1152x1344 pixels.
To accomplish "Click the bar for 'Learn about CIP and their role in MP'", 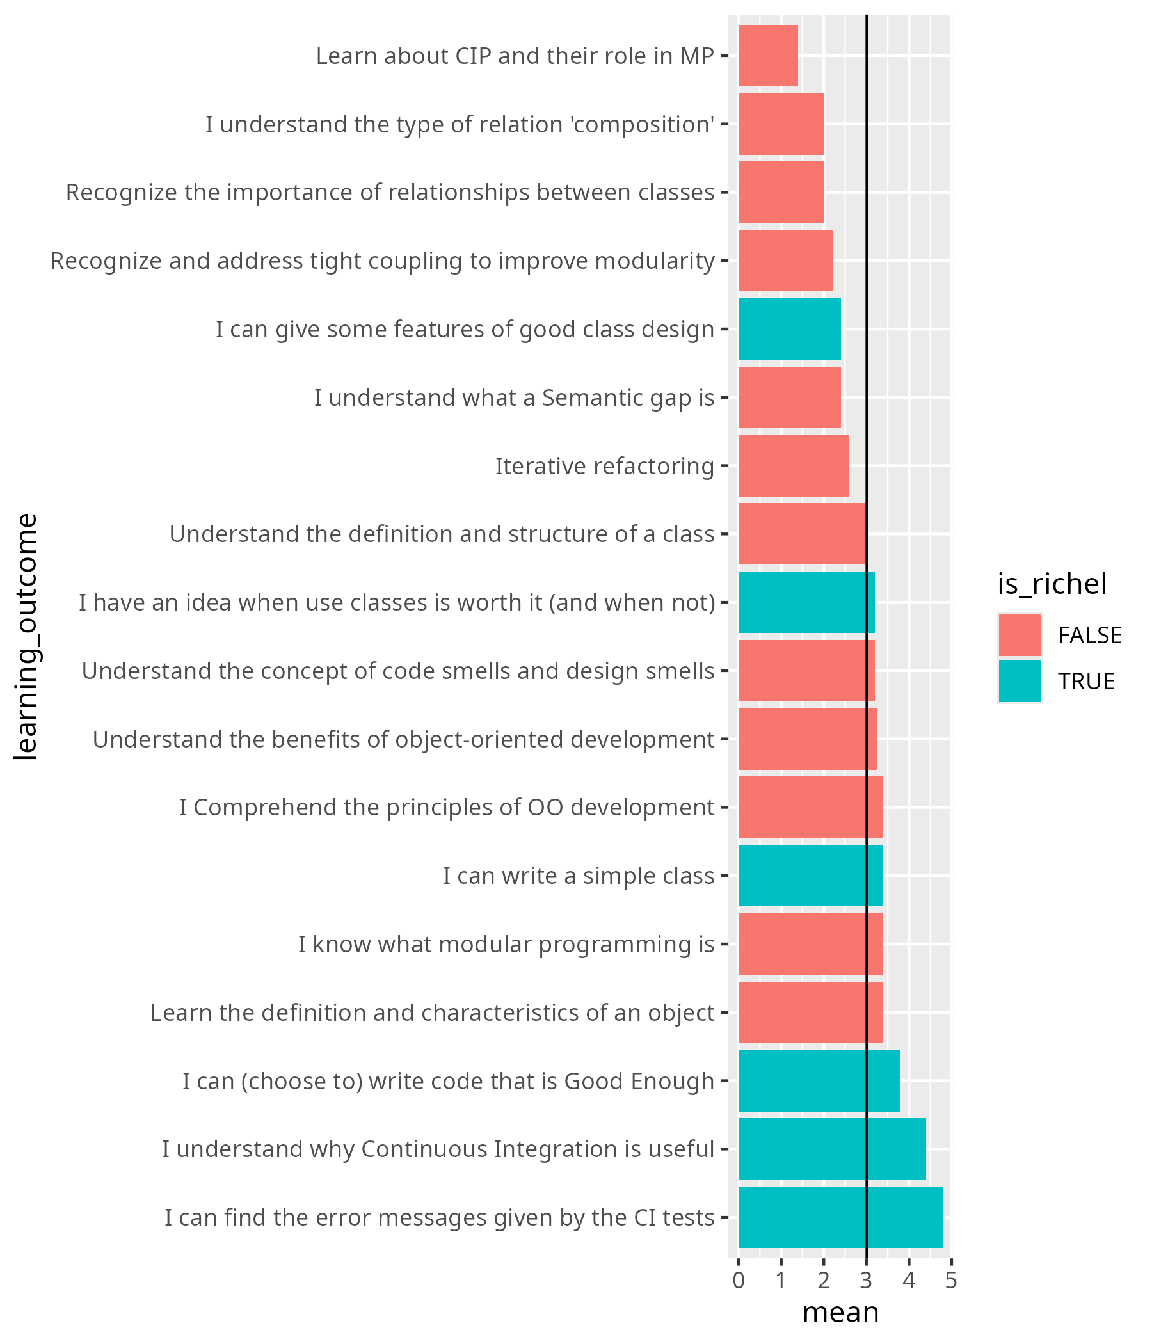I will (767, 56).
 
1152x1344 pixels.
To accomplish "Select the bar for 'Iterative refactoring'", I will (794, 466).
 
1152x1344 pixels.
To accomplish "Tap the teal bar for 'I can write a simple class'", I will (810, 876).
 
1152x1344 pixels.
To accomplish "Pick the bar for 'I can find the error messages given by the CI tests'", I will (840, 1217).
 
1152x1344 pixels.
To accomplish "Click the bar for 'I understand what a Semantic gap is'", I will (788, 397).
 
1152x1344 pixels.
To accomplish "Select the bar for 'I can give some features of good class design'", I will (788, 329).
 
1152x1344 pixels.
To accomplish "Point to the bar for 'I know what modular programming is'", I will (810, 944).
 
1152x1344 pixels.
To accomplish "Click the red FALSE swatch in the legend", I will (1020, 635).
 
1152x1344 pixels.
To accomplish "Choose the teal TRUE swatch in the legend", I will (1020, 681).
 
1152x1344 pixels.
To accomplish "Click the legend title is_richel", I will (1052, 584).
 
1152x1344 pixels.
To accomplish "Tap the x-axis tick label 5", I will (951, 1281).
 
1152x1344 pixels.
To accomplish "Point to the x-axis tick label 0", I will (738, 1281).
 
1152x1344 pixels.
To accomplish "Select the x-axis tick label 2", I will (823, 1281).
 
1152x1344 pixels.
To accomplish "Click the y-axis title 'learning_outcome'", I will (27, 636).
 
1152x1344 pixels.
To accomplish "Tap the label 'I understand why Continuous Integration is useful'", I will (438, 1149).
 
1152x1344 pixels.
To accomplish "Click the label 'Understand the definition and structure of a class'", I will (442, 534).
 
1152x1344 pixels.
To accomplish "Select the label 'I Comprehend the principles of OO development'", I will (446, 808).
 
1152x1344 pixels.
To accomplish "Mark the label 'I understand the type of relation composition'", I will (460, 125).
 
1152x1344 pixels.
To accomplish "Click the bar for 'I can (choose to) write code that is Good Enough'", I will (819, 1081).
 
